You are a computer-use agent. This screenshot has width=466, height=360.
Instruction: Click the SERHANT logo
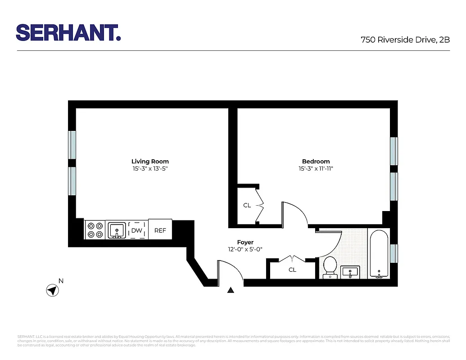(68, 32)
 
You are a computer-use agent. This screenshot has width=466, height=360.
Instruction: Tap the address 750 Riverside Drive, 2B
(405, 40)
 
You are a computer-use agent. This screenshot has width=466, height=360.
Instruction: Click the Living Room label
(150, 161)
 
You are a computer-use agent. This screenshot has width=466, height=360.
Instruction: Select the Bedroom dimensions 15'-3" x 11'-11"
(316, 169)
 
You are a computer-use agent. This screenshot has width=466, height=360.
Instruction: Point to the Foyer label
(245, 242)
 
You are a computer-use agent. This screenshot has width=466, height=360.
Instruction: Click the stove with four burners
(95, 230)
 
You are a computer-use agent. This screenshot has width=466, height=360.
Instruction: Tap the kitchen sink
(117, 230)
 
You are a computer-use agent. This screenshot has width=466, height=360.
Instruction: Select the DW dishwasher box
(136, 230)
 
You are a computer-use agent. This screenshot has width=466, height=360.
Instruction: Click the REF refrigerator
(160, 230)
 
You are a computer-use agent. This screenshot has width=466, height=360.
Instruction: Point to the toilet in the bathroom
(330, 266)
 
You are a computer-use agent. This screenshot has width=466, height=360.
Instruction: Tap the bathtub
(379, 254)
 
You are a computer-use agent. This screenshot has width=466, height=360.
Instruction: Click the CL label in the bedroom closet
(247, 205)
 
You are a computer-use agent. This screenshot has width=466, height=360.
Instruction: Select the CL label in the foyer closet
(292, 270)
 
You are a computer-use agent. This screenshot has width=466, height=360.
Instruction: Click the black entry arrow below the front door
(231, 290)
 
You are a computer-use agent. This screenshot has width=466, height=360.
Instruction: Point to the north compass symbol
(53, 290)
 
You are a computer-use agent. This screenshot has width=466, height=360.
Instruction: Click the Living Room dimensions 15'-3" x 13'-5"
(150, 169)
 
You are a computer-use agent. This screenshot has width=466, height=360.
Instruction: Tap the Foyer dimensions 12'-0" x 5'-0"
(245, 249)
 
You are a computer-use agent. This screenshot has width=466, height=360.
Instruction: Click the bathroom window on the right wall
(394, 253)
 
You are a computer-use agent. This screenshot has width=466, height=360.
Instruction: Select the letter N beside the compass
(61, 281)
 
